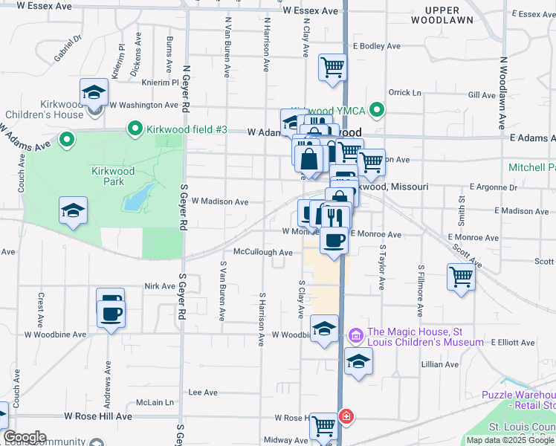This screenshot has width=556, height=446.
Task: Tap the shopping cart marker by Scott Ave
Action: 462,277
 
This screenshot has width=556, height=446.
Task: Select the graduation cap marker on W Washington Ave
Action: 94,92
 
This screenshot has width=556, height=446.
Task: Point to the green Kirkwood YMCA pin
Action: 378,111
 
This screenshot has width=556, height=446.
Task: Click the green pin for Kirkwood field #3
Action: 135,129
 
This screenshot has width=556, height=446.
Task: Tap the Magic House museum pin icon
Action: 355,336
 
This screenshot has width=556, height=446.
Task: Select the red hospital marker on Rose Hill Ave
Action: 346,416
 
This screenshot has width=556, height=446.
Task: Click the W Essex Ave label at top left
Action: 44,6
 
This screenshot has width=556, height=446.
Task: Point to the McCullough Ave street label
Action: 262,253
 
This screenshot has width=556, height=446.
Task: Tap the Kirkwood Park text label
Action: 113,176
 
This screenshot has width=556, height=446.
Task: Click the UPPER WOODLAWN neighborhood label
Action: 449,16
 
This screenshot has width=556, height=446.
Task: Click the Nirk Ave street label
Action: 159,286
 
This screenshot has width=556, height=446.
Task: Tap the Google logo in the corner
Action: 24,437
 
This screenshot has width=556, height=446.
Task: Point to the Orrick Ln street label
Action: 404,93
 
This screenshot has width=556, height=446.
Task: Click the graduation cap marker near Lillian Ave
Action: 358,362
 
